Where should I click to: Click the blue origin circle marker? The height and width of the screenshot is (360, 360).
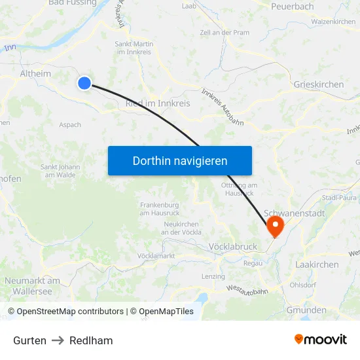[x=84, y=83]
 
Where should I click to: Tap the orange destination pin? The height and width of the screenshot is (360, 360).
[x=274, y=226]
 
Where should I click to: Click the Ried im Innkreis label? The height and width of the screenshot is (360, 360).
[x=158, y=104]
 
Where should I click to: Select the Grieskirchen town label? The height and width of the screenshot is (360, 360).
[x=319, y=85]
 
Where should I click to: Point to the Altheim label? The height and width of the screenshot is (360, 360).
[x=35, y=74]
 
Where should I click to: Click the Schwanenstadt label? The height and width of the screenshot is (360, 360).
[x=295, y=214]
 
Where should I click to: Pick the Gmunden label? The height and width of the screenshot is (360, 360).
[x=306, y=310]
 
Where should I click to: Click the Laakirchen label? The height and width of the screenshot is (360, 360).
[x=317, y=264]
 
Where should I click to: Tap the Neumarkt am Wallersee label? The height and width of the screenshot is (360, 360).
[x=32, y=285]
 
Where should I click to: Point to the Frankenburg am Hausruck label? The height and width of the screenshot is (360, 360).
[x=160, y=209]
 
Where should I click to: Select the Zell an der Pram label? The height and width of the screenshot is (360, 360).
[x=225, y=32]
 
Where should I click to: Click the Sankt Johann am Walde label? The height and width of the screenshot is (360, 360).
[x=60, y=171]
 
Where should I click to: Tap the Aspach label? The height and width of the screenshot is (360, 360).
[x=70, y=125]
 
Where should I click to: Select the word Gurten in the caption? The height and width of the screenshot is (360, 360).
[x=29, y=340]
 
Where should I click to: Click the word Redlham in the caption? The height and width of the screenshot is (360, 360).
[x=91, y=340]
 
